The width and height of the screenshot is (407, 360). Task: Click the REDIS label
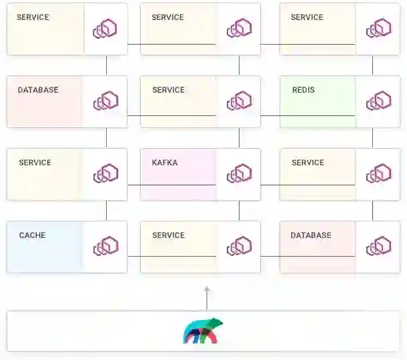click(303, 90)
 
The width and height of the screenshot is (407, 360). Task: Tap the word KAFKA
click(165, 163)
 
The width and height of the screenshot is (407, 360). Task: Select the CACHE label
click(32, 235)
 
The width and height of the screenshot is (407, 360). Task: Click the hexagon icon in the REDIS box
click(378, 101)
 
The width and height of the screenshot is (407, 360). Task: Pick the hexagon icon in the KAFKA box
click(239, 173)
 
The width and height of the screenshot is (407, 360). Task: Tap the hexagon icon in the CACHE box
click(105, 246)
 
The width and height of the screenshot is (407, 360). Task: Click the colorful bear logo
click(203, 331)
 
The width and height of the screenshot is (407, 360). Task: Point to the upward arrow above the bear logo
click(207, 298)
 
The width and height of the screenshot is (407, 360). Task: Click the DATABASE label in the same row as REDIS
click(38, 90)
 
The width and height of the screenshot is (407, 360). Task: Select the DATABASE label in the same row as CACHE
click(311, 235)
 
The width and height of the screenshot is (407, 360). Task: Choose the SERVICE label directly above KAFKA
click(168, 90)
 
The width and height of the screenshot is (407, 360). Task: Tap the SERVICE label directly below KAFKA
click(168, 235)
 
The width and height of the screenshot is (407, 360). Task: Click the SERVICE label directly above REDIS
click(307, 17)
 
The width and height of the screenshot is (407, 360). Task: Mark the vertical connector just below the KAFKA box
click(239, 211)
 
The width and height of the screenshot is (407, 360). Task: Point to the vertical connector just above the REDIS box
click(372, 65)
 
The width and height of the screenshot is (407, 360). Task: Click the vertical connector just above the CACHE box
click(106, 211)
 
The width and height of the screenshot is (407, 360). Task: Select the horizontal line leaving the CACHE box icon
click(171, 256)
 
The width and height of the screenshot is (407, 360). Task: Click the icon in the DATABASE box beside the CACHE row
click(378, 246)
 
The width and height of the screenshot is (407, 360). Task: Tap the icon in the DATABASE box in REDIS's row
click(105, 101)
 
